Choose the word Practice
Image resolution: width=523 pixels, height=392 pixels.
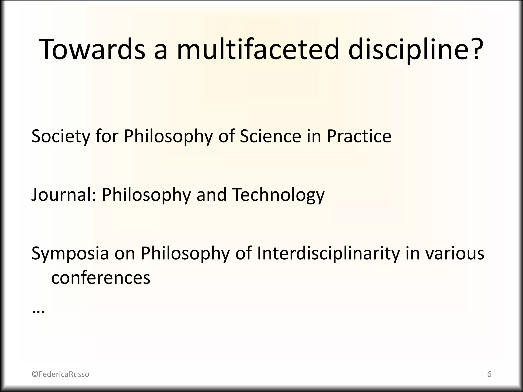[x=359, y=136]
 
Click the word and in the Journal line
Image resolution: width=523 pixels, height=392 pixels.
[x=211, y=195]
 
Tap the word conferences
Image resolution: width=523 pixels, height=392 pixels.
[x=101, y=278]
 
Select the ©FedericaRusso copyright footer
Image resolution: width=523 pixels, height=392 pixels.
[x=61, y=374]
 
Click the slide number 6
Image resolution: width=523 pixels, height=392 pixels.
[x=489, y=374]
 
